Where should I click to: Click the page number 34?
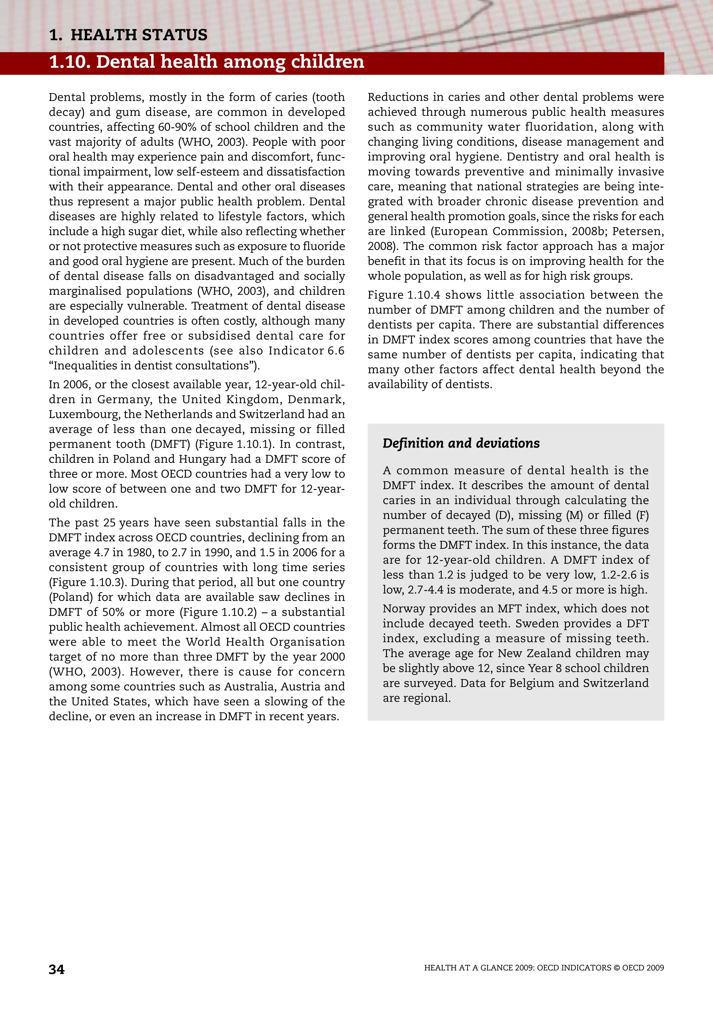pos(56,969)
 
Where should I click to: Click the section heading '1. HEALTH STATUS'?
pos(128,35)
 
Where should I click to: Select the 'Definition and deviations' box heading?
pos(461,443)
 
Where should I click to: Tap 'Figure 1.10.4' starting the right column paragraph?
pos(404,295)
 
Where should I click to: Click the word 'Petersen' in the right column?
pos(637,231)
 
